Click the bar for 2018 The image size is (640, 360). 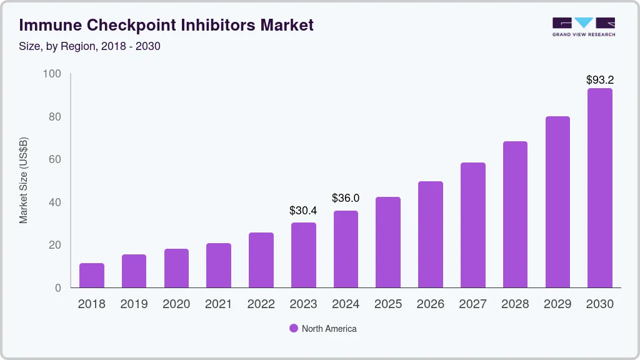tap(91, 276)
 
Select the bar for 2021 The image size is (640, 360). tap(218, 266)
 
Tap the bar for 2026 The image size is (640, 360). tap(431, 234)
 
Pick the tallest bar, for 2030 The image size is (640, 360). tap(600, 188)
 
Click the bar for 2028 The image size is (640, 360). tap(515, 214)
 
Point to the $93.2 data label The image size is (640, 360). tap(600, 80)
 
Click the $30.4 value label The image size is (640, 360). tap(303, 211)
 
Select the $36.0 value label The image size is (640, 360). tap(346, 198)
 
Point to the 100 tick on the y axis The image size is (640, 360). tap(52, 74)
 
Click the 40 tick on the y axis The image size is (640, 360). tap(55, 202)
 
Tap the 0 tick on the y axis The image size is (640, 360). tap(58, 288)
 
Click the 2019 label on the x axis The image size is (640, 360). tap(134, 304)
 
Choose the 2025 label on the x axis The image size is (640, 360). tap(388, 304)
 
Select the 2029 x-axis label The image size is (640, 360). tap(557, 304)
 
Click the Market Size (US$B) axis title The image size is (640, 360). tap(24, 181)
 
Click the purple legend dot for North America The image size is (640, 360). tap(293, 329)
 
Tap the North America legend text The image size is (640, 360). tap(329, 329)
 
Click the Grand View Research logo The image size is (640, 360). tap(584, 26)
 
